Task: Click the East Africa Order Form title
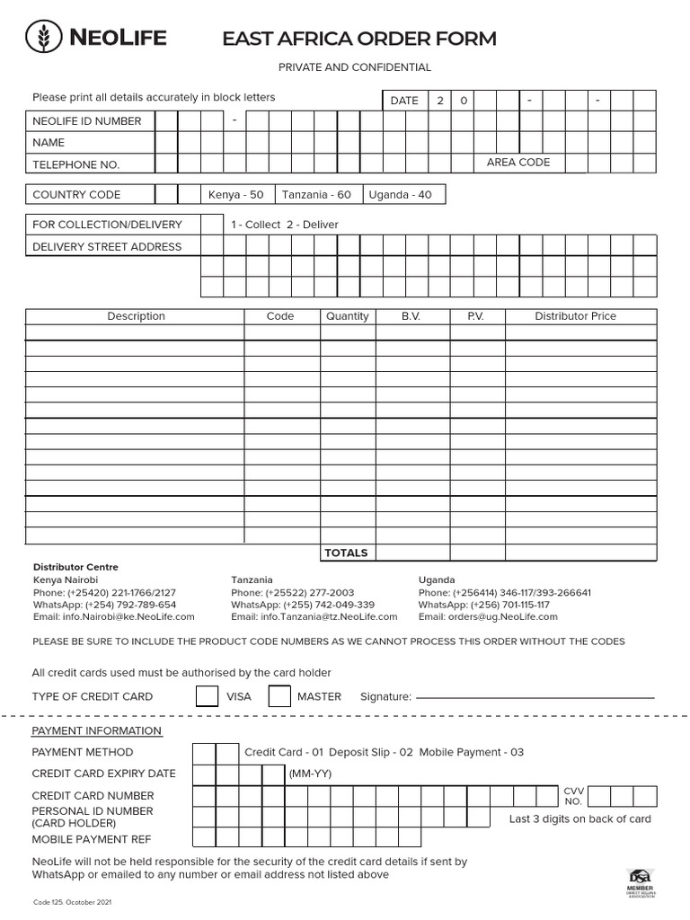click(x=358, y=39)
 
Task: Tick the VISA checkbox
click(x=207, y=696)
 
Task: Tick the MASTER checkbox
click(x=279, y=696)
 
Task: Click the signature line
click(x=535, y=696)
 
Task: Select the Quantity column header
click(x=348, y=316)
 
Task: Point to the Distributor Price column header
click(x=575, y=316)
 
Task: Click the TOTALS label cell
click(x=346, y=553)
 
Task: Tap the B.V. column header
click(x=411, y=316)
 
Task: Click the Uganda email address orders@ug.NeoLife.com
click(x=488, y=617)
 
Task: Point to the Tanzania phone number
click(x=292, y=593)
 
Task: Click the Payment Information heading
click(x=97, y=730)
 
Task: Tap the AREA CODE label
click(x=518, y=163)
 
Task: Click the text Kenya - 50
click(x=236, y=195)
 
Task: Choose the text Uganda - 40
click(x=400, y=195)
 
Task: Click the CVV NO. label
click(x=573, y=795)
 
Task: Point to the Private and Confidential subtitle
click(x=354, y=67)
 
